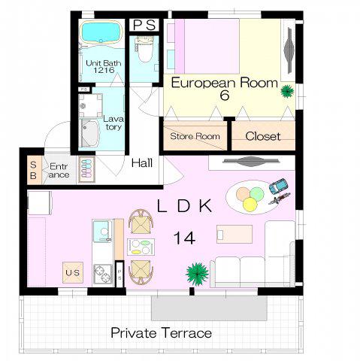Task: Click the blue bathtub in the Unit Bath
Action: tap(101, 32)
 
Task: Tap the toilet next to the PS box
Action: tap(144, 50)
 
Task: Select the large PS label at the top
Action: tap(144, 25)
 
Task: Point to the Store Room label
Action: tap(195, 136)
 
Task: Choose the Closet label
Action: tap(263, 136)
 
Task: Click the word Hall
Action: tap(142, 163)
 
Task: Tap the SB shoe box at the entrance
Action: tap(34, 170)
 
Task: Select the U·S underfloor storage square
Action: tap(73, 272)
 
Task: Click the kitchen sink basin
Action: tap(102, 231)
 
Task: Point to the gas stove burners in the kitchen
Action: tap(103, 275)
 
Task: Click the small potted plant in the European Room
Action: tap(287, 91)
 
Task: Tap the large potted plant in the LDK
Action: tap(197, 274)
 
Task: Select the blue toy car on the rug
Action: tap(278, 186)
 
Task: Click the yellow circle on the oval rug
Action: tap(250, 205)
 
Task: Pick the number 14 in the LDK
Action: tap(184, 238)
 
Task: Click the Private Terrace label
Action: tap(161, 333)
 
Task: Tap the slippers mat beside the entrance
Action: tap(86, 169)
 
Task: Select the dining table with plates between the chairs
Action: tap(141, 247)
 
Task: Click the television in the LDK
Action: tap(251, 161)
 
